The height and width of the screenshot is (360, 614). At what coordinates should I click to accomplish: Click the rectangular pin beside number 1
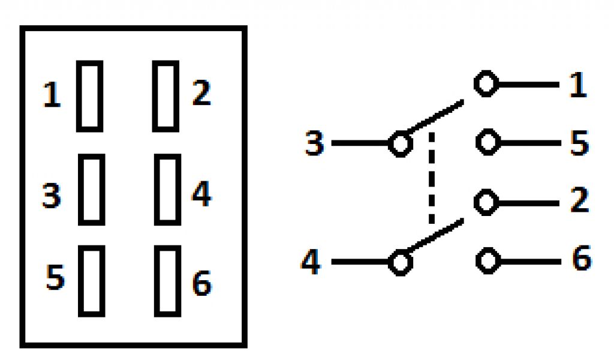tap(89, 95)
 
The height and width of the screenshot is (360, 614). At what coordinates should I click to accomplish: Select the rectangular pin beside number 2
tap(165, 95)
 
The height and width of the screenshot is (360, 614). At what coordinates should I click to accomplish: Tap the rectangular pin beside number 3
tap(91, 189)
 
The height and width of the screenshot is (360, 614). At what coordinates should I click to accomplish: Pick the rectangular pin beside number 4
tap(167, 189)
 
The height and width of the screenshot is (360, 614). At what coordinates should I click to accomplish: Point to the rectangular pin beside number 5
tap(91, 281)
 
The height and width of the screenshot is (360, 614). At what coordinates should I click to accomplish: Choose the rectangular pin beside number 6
tap(167, 281)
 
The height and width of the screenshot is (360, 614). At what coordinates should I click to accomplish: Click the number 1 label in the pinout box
tap(53, 95)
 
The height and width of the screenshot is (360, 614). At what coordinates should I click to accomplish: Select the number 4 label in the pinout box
tap(201, 195)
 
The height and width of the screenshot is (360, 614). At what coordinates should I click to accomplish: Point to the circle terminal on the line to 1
tap(486, 85)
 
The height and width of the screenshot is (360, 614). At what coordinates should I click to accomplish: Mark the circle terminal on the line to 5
tap(488, 143)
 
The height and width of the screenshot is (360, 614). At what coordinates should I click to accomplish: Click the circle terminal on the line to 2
tap(486, 202)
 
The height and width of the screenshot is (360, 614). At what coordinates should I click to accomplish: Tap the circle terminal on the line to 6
tap(488, 261)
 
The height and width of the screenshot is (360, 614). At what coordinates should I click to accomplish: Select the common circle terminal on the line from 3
tap(400, 144)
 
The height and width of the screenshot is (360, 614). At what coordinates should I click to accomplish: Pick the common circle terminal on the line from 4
tap(400, 262)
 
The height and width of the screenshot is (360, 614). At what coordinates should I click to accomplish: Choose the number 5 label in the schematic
tap(579, 143)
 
